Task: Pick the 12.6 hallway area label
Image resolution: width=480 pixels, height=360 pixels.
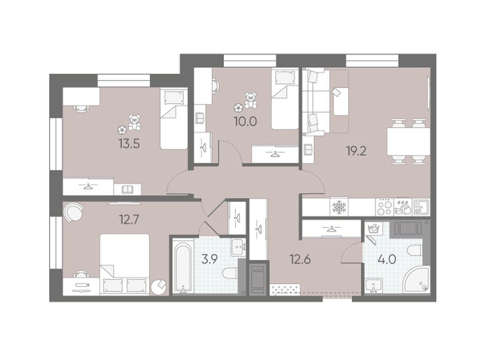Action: pyautogui.click(x=300, y=259)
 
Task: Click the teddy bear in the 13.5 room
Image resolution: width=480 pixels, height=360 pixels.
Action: pyautogui.click(x=135, y=122)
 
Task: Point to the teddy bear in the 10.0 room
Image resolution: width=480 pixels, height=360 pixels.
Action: pyautogui.click(x=251, y=100)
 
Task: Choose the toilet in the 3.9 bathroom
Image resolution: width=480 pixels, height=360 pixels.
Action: pyautogui.click(x=230, y=273)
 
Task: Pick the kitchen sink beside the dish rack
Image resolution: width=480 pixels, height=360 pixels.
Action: pyautogui.click(x=421, y=207)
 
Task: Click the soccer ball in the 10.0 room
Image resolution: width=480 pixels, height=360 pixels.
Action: pyautogui.click(x=239, y=108)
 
